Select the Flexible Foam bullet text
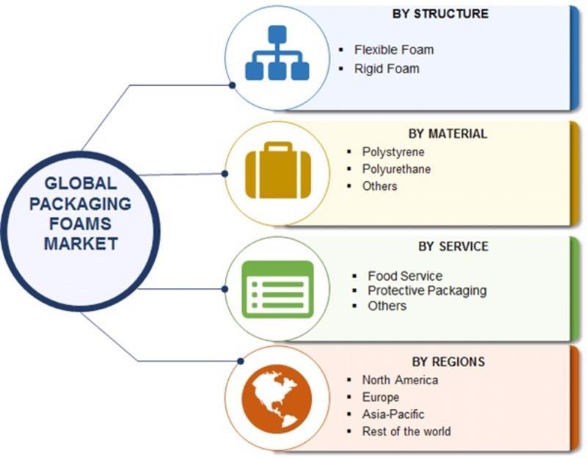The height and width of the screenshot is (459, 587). coord(394,50)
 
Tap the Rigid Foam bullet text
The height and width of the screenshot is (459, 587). coord(387,68)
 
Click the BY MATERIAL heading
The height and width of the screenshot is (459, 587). coord(448,133)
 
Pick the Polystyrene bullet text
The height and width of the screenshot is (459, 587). coord(393,152)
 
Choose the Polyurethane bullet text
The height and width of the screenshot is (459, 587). coord(396,169)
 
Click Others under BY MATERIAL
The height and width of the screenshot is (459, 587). coord(379,186)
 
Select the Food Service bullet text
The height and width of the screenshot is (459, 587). coord(405,276)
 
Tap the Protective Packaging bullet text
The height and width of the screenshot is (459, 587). coord(427,290)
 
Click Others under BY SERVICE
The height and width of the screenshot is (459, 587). coord(387,305)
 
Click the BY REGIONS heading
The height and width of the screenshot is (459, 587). coord(448,361)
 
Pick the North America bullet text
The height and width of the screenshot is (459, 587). coord(400,380)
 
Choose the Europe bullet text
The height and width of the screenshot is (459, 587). coord(381,397)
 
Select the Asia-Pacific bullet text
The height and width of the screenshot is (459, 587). coord(393,414)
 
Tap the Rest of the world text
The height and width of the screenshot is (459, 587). coord(406,431)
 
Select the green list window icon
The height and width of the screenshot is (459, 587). coord(277,288)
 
